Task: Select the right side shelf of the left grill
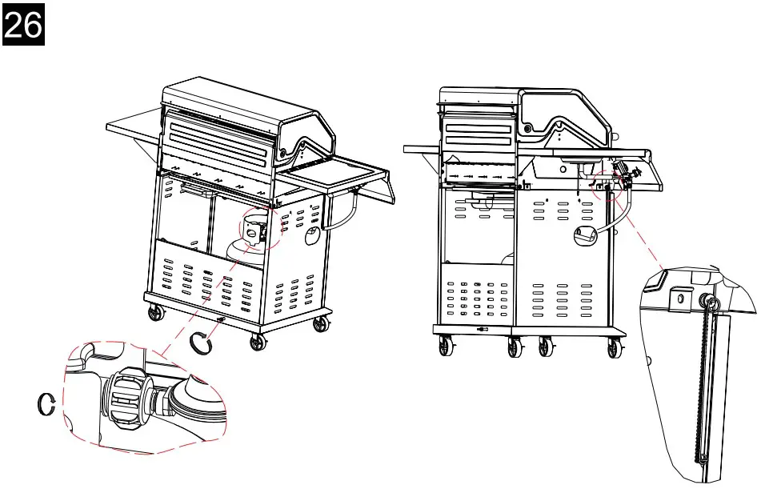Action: click(x=336, y=172)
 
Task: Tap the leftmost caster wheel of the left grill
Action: click(x=151, y=315)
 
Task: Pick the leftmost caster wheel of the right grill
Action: click(x=445, y=348)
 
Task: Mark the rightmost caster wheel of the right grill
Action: click(x=615, y=349)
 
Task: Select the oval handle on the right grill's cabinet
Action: click(x=585, y=234)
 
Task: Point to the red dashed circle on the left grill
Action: click(x=262, y=228)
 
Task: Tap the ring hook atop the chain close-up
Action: click(x=710, y=302)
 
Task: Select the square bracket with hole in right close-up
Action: click(x=680, y=299)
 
